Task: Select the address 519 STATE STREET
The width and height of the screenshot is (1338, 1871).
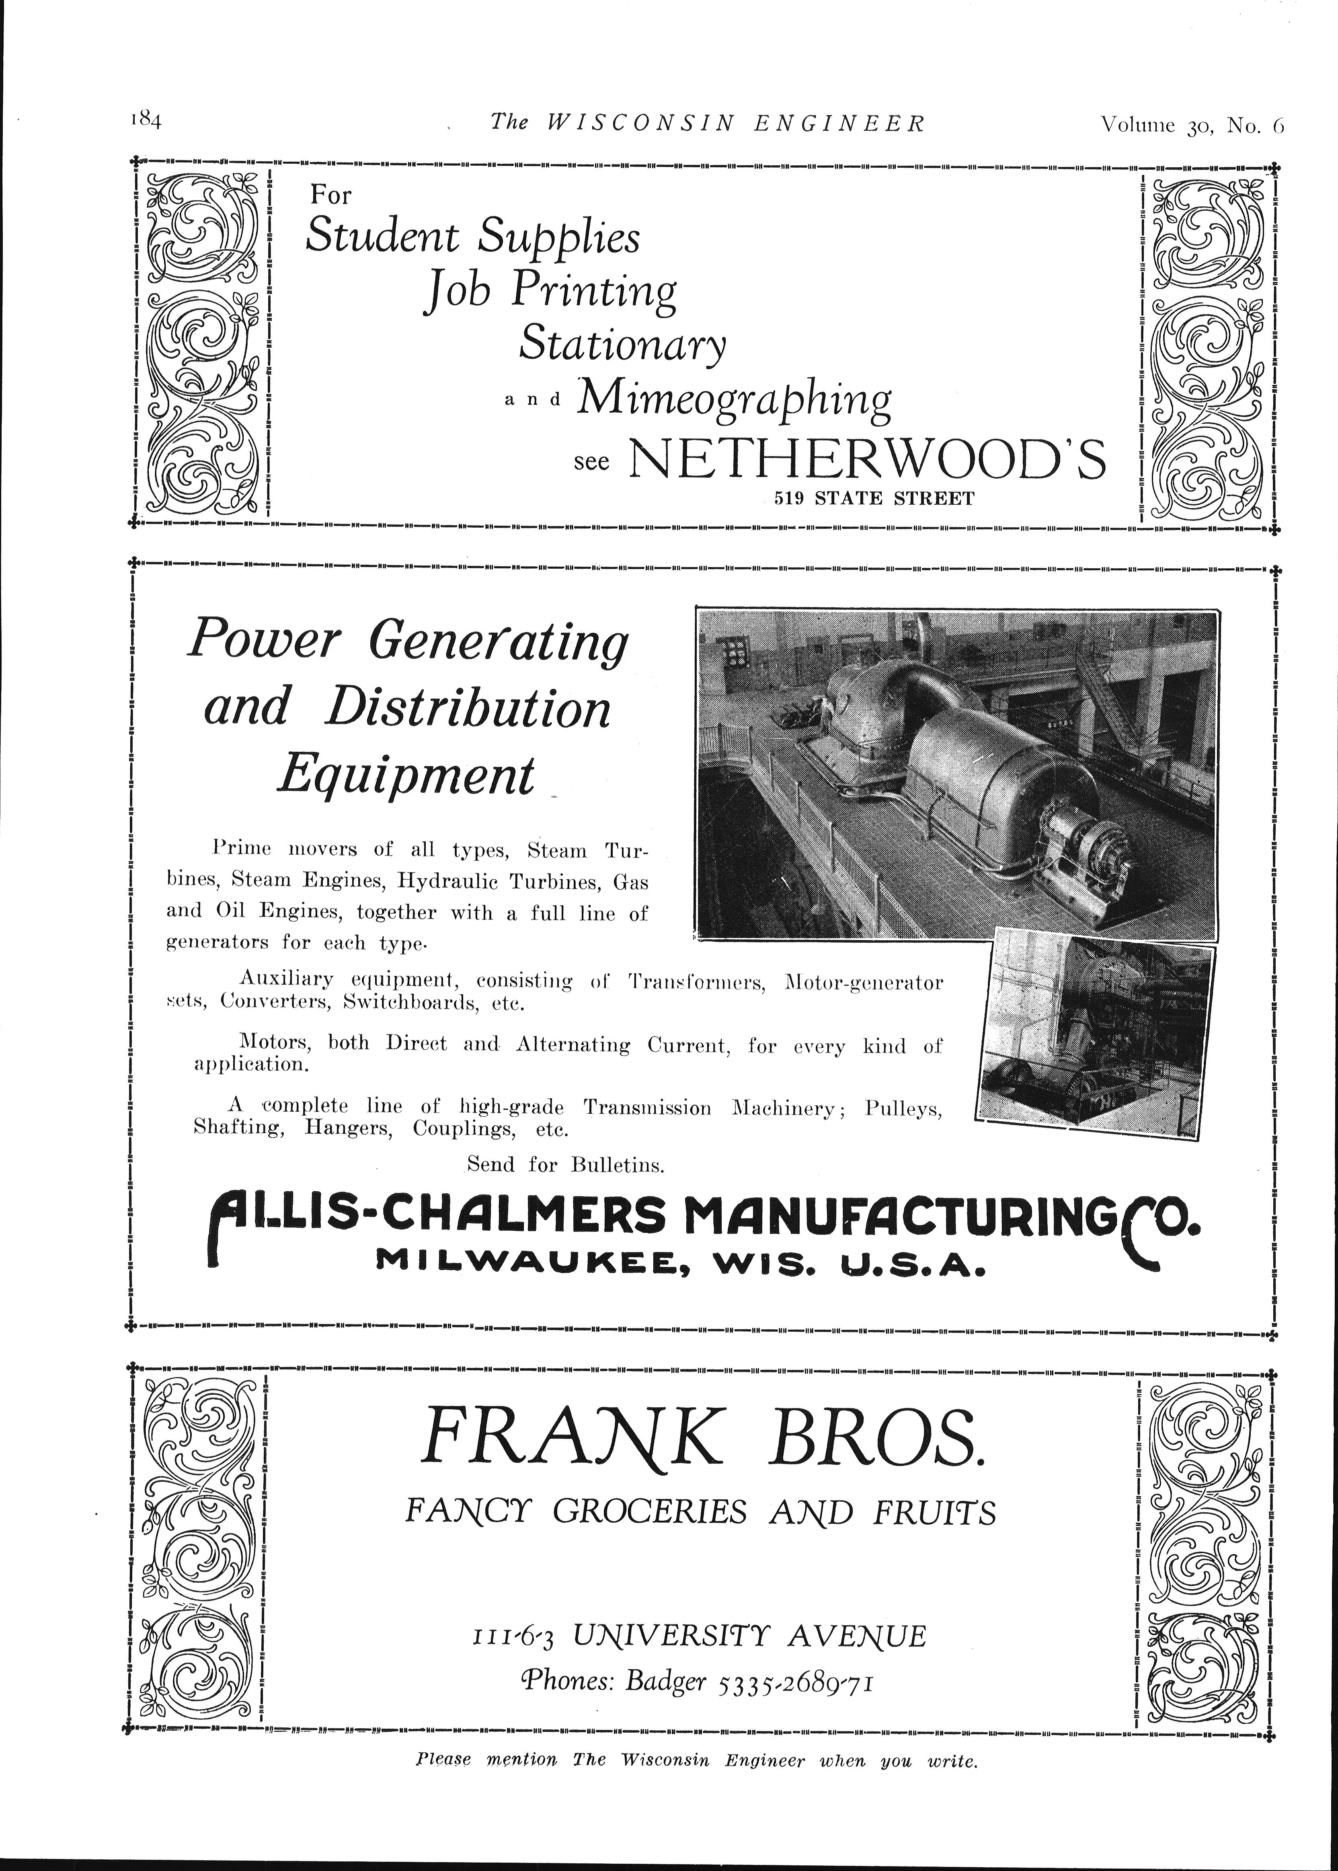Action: point(873,499)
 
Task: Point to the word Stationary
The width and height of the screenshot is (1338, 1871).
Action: point(622,344)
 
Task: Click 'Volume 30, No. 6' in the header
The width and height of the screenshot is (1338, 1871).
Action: point(1191,124)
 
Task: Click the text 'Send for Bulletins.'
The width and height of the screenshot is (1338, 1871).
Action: point(565,1165)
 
